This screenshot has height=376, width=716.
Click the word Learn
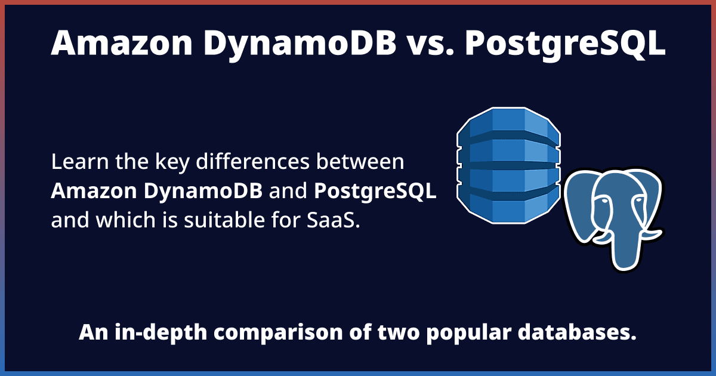[x=77, y=162]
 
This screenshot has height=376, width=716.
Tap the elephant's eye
[x=604, y=202]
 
